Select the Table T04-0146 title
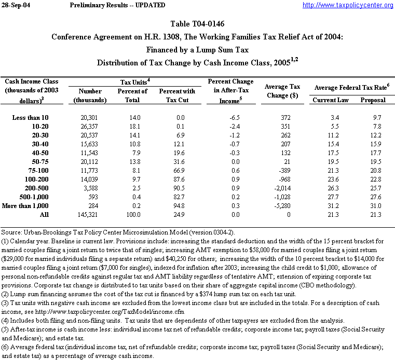point(197,24)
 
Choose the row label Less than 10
point(31,118)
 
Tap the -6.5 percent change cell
point(230,118)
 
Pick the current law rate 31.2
point(331,206)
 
